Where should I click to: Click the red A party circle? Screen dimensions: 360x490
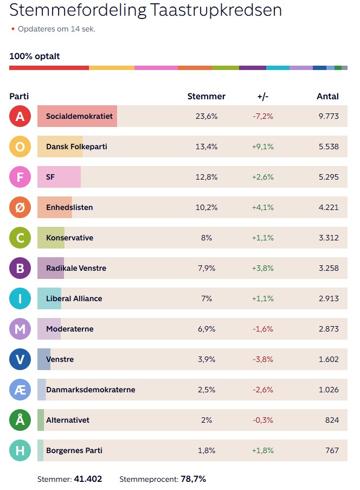[20, 116]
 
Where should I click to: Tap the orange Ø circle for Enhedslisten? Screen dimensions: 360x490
[20, 207]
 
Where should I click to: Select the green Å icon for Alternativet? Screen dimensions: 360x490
[20, 420]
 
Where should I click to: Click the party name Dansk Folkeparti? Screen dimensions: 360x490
[76, 147]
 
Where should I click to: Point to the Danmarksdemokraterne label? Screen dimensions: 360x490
[91, 390]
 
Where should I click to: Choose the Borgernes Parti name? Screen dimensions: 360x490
[74, 450]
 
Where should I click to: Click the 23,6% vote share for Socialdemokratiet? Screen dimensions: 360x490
[207, 116]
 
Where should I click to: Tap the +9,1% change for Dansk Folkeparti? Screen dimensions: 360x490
[263, 147]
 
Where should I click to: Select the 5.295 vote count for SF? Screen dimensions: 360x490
[329, 177]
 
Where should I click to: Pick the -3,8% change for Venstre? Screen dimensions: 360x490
[263, 359]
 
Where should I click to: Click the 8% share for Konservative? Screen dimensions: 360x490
[207, 238]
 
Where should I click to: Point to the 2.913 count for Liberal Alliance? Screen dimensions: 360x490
[329, 298]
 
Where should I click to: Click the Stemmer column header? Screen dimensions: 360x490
[207, 96]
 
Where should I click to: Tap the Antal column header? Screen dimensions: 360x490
[327, 96]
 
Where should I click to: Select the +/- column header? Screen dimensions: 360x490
[263, 97]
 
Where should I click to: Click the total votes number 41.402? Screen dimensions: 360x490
[88, 479]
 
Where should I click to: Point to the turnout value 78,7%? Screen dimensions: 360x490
[193, 479]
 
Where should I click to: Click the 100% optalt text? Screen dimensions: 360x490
[35, 56]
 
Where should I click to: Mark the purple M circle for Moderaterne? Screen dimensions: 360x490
[20, 329]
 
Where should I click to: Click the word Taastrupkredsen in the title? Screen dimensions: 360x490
[216, 10]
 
